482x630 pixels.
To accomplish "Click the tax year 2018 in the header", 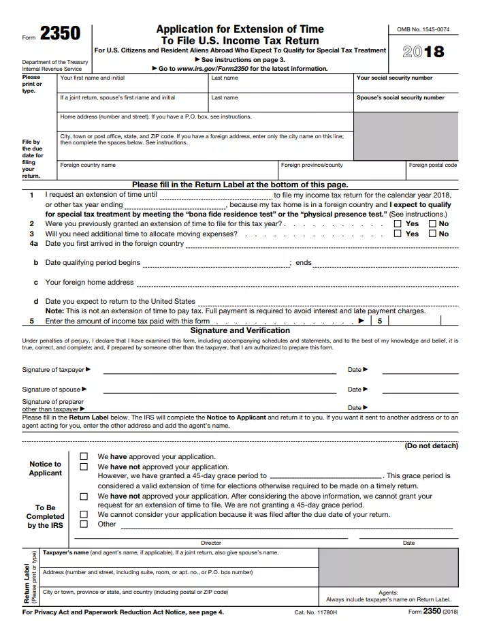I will click(423, 52).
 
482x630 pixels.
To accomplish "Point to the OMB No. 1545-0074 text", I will click(423, 30).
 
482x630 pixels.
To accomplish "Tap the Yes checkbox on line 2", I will click(398, 223).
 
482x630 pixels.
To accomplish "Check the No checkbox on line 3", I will click(432, 234).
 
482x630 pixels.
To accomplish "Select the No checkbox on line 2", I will click(432, 223).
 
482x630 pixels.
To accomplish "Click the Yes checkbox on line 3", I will click(398, 234).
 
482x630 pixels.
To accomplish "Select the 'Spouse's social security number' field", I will click(406, 106).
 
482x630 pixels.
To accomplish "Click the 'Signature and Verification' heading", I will click(240, 330).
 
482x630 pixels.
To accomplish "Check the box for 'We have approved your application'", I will click(84, 456).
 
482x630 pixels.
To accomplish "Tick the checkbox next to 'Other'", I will click(84, 524).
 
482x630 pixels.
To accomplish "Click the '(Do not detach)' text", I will click(431, 446).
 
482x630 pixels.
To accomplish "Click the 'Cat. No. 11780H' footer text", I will click(316, 612).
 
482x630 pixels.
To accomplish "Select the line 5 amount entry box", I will click(415, 321).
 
